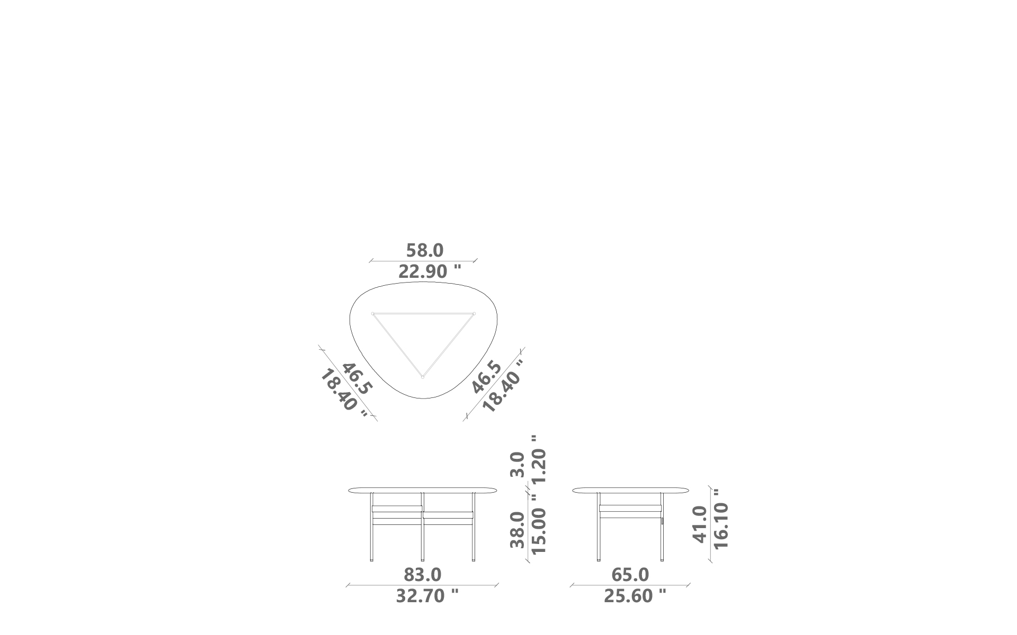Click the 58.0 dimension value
tap(425, 250)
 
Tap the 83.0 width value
tap(423, 575)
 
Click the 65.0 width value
tap(630, 575)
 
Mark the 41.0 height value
tap(700, 524)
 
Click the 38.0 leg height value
tap(517, 530)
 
